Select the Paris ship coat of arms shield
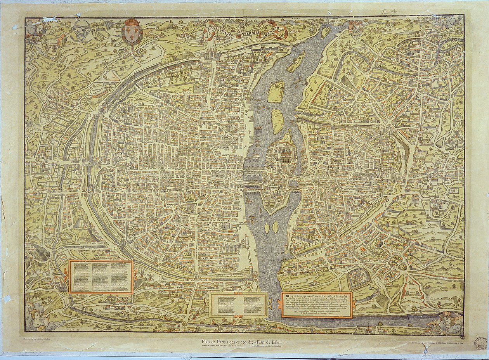coord(355,28)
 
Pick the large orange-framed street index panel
coord(101,277)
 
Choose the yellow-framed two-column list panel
coord(238,305)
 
